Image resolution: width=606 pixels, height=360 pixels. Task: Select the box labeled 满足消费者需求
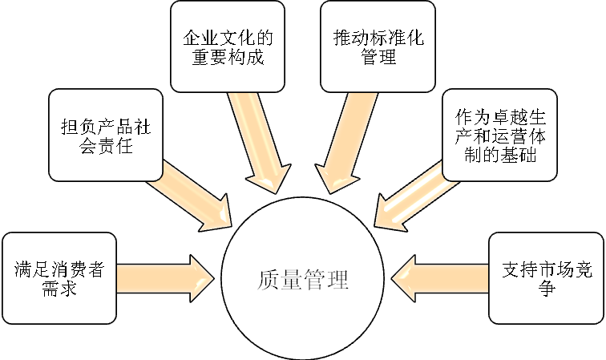pos(59,277)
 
